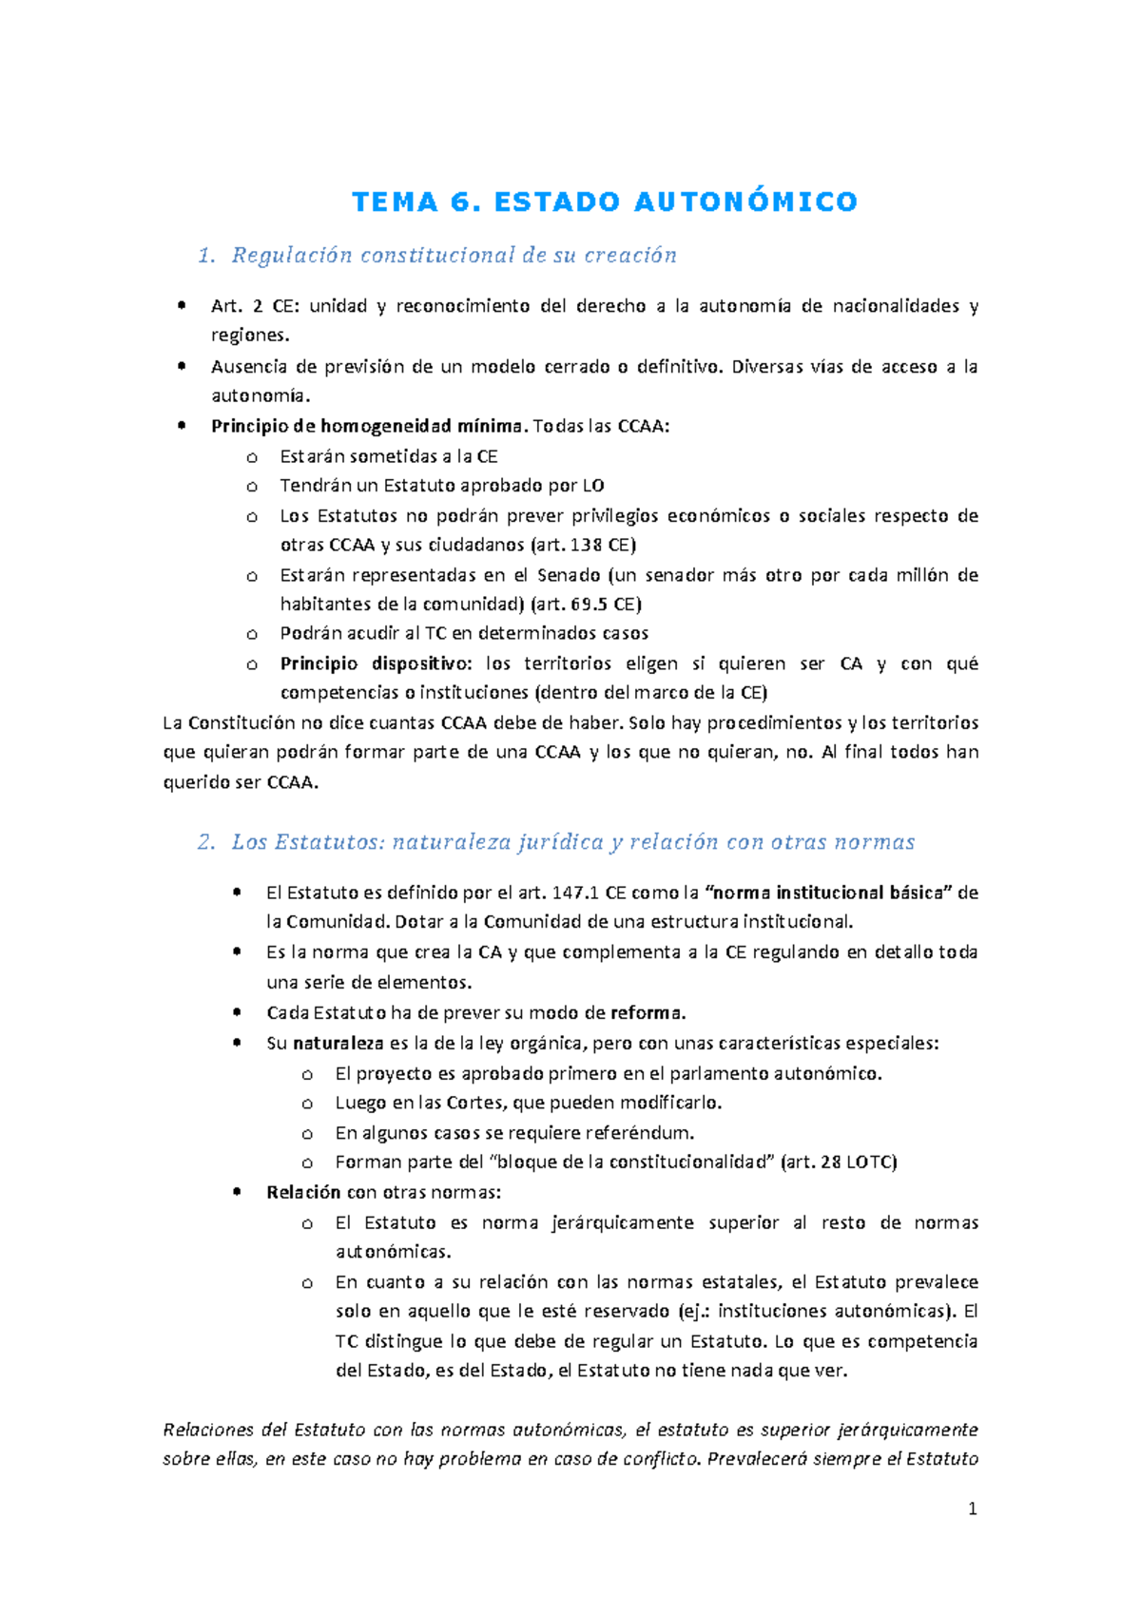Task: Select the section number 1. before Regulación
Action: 207,255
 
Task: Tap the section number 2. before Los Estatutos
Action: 207,841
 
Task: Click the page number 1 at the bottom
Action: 972,1509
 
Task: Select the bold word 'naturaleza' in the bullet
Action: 338,1043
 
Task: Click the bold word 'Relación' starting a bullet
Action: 303,1192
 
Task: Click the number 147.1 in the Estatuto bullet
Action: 575,893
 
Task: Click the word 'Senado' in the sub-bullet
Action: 569,575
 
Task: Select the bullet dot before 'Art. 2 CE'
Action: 181,306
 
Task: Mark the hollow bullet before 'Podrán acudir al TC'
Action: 252,634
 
